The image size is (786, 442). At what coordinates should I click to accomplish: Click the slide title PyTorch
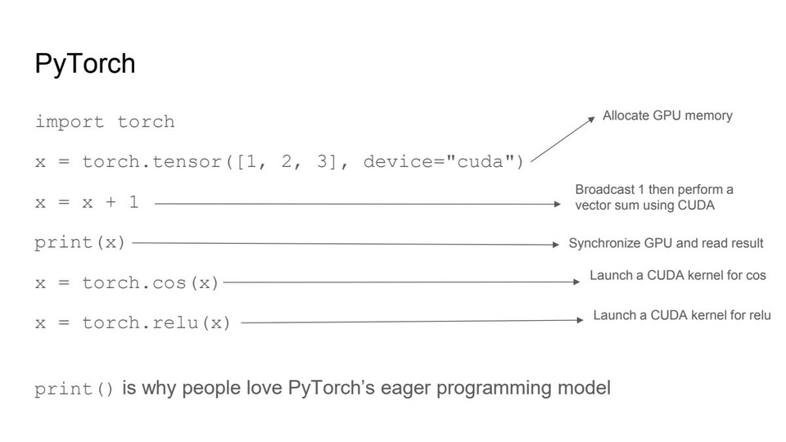click(x=84, y=64)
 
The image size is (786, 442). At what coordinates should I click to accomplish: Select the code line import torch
click(x=105, y=122)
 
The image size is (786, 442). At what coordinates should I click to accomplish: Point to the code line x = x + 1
click(x=87, y=202)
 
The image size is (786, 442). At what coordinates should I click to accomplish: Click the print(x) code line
click(x=79, y=242)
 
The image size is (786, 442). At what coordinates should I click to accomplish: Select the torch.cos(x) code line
click(x=127, y=282)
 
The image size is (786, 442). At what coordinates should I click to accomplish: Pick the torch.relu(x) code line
click(x=133, y=323)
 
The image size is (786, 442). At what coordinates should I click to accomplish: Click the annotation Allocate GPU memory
click(x=667, y=115)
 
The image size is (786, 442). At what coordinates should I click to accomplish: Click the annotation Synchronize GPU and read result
click(x=666, y=243)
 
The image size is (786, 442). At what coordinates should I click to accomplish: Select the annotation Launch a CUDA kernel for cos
click(x=678, y=275)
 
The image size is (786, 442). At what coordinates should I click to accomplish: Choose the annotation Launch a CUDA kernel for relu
click(x=682, y=315)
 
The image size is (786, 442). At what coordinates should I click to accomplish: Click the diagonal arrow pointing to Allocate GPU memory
click(x=562, y=139)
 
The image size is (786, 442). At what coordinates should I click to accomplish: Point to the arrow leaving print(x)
click(x=344, y=243)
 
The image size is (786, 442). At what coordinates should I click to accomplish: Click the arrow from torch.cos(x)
click(x=401, y=282)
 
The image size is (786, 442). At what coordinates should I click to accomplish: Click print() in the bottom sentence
click(x=75, y=388)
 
